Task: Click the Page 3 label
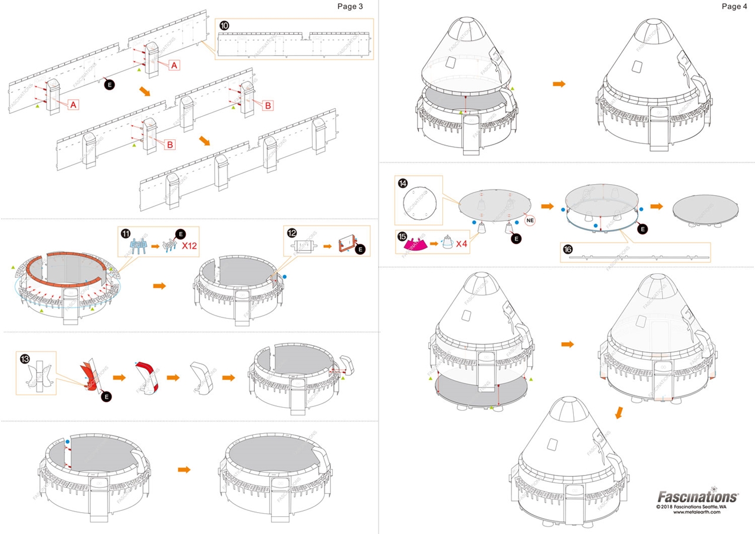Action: (x=350, y=6)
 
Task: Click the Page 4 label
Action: (x=734, y=6)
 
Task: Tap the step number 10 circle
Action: (x=224, y=26)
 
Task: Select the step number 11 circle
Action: (x=126, y=233)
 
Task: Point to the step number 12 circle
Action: (x=292, y=233)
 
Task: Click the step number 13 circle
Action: (x=25, y=359)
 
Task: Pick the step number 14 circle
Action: (x=403, y=183)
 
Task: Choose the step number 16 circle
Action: (x=567, y=249)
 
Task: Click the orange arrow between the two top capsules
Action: (x=559, y=84)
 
